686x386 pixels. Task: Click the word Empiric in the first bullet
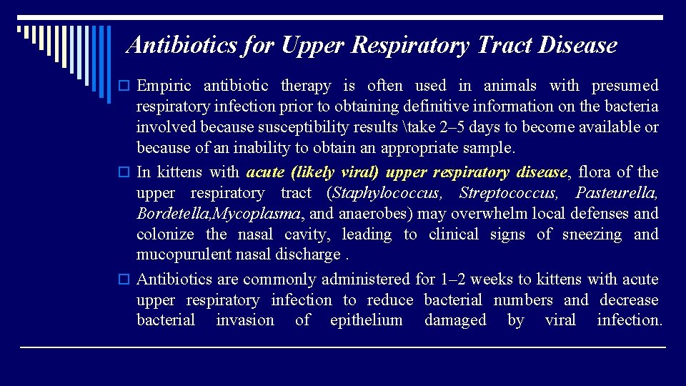point(164,86)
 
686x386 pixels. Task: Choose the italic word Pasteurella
point(616,193)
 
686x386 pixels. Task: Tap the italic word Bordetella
point(174,214)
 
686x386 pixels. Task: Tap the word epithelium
point(366,321)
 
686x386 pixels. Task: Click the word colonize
point(164,234)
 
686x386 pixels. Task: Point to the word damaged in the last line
point(455,321)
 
